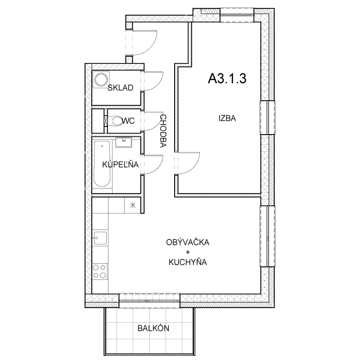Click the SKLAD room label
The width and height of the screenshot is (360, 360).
tap(121, 88)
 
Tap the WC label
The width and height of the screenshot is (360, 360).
tap(128, 121)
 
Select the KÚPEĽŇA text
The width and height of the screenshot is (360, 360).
tap(120, 164)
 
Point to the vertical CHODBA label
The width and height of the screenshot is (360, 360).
tap(163, 130)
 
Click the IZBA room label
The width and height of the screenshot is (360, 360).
tap(227, 118)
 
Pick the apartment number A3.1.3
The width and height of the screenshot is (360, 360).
tap(227, 78)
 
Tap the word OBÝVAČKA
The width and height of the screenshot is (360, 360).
tap(188, 242)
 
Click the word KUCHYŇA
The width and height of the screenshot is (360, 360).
tap(188, 262)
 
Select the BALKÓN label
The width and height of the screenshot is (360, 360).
tap(153, 328)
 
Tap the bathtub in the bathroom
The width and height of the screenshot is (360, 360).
tap(102, 163)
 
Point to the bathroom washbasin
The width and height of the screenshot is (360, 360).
tap(123, 142)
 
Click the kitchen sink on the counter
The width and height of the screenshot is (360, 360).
tap(100, 238)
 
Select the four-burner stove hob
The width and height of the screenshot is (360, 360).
tap(100, 271)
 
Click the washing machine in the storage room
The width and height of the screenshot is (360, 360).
tap(101, 79)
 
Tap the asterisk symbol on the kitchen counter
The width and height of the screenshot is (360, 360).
tap(132, 205)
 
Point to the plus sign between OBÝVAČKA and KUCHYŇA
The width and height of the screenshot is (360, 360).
tap(188, 252)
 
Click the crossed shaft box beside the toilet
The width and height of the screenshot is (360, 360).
tap(106, 121)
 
